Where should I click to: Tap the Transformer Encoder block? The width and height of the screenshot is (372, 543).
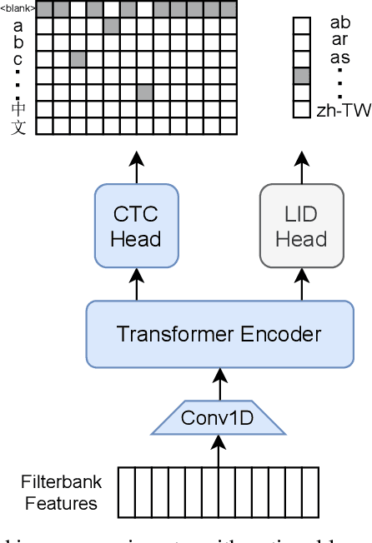coord(219,335)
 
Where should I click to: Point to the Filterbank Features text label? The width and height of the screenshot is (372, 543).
coord(61,492)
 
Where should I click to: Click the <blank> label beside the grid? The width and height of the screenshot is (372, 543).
coord(18,9)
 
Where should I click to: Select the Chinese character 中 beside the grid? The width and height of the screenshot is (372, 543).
coord(18,108)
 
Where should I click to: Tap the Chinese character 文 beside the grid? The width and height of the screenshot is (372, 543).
coord(18,127)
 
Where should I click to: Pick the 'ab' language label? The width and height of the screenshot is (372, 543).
coord(340,22)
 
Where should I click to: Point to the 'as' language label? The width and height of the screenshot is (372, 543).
coord(340,57)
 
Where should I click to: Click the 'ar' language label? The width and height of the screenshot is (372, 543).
coord(340,39)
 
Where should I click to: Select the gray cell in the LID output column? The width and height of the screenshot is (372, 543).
coord(301,76)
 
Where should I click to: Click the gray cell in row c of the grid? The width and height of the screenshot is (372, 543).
coord(78,59)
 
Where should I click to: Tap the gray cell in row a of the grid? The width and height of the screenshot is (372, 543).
coord(111,26)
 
